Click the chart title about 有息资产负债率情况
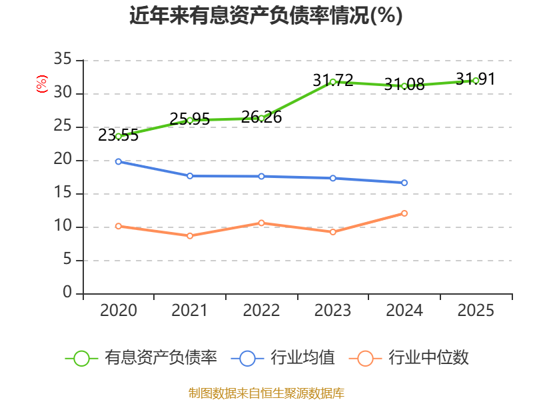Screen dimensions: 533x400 point(266,15)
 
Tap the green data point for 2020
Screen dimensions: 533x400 point(119,137)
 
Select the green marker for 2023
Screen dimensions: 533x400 point(332,82)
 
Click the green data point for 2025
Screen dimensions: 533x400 point(476,81)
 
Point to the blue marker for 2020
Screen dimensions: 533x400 point(119,161)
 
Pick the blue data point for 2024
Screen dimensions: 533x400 point(404,183)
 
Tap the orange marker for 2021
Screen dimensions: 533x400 point(190,236)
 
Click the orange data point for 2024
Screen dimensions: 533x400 point(404,213)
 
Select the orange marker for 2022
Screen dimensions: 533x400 point(261,223)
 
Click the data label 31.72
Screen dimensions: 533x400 point(332,80)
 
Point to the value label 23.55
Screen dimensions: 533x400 point(119,135)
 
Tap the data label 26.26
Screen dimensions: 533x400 point(261,117)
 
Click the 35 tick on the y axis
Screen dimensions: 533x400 point(63,59)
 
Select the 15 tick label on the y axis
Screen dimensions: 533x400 point(63,193)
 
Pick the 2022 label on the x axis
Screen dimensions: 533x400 point(261,310)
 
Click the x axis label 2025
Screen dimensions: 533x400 point(476,310)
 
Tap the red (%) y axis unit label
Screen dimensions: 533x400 point(42,84)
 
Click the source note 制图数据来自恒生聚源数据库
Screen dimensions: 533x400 point(266,393)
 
